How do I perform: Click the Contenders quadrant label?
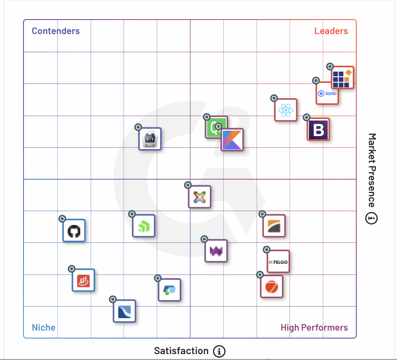[56, 31]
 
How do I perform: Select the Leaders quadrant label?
[331, 31]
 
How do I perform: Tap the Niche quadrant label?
[43, 328]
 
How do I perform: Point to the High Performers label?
[314, 328]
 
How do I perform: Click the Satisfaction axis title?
[181, 351]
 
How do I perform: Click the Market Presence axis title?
[372, 170]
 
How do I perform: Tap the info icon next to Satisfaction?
[219, 351]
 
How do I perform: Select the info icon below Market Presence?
[372, 218]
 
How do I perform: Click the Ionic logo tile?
[327, 94]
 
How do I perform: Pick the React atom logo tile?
[286, 110]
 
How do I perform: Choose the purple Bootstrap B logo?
[318, 129]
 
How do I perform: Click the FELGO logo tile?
[278, 261]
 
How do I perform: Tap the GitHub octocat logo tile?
[74, 231]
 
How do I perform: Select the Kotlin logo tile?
[232, 140]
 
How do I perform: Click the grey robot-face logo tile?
[150, 139]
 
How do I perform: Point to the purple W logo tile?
[216, 251]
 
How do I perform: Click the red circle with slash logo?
[272, 287]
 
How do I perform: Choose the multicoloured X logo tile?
[200, 196]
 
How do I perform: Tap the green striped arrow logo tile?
[144, 226]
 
